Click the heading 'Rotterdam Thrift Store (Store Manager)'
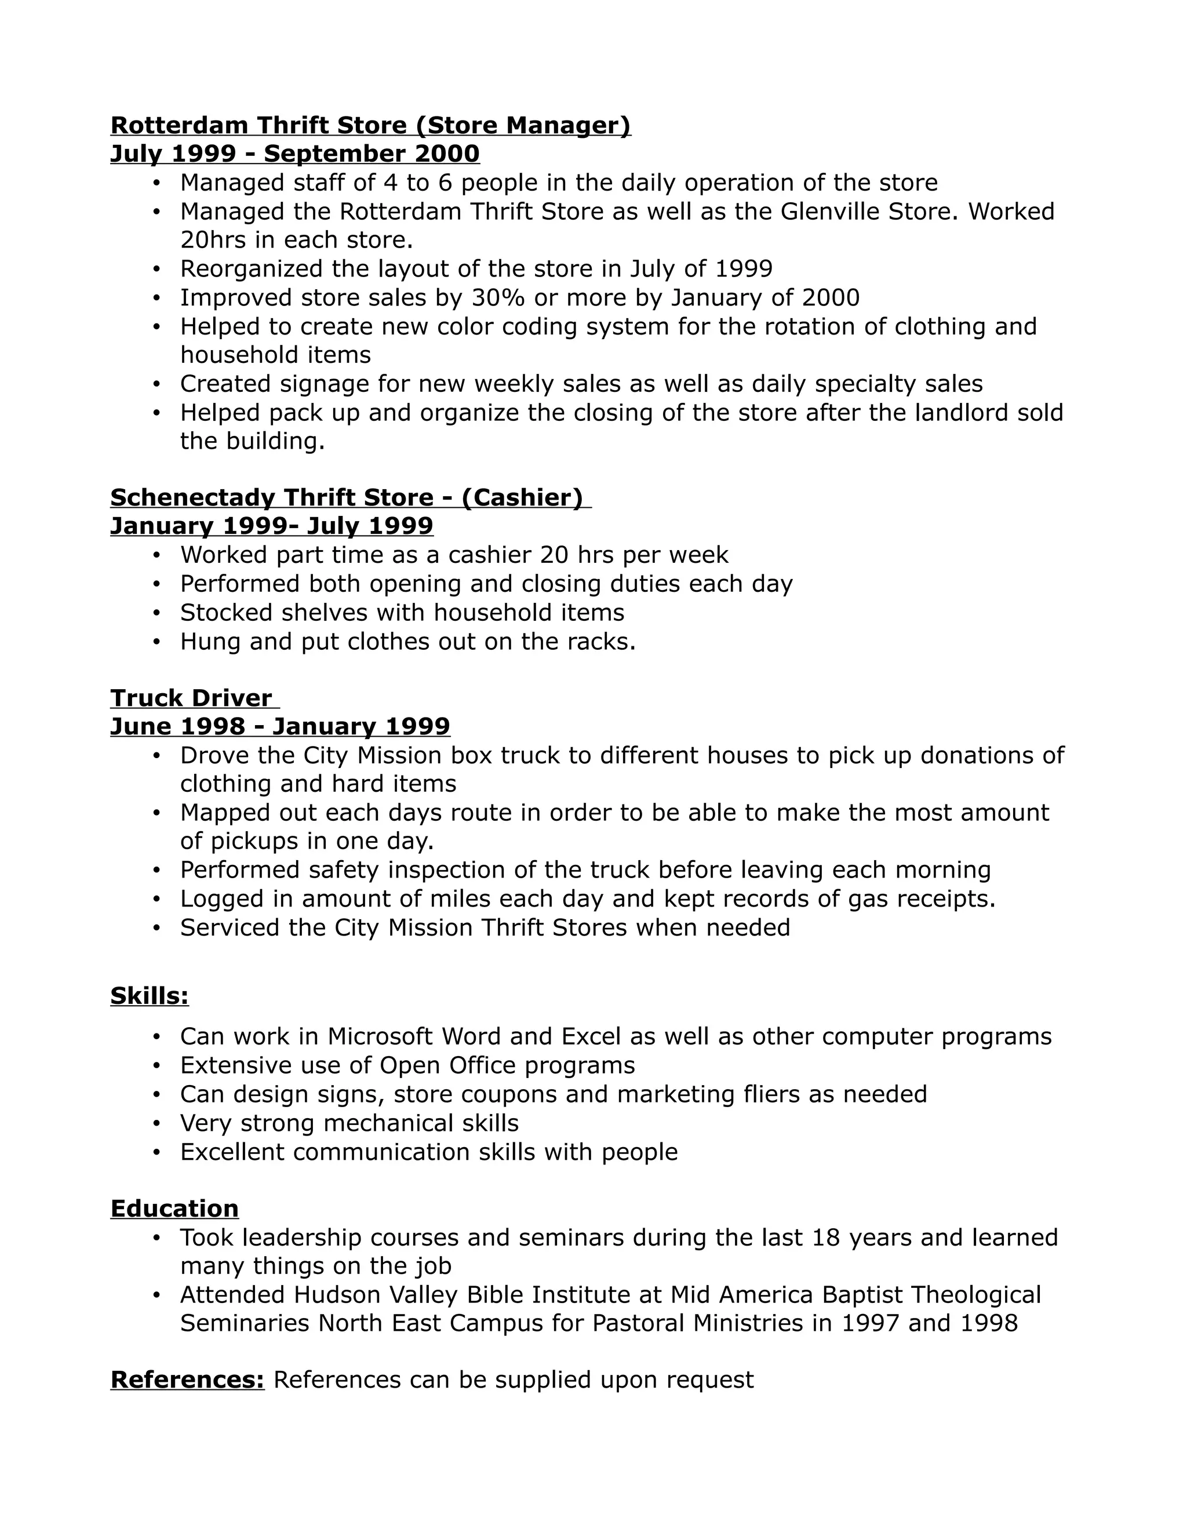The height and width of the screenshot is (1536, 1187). click(x=370, y=125)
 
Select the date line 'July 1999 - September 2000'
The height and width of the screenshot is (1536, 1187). click(x=294, y=154)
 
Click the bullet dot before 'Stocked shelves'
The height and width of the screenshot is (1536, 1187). click(x=157, y=613)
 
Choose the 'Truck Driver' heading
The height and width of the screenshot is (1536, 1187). click(x=191, y=698)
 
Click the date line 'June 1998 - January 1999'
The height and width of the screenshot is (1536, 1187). click(x=280, y=726)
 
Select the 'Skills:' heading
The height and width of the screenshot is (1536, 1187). click(x=150, y=996)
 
